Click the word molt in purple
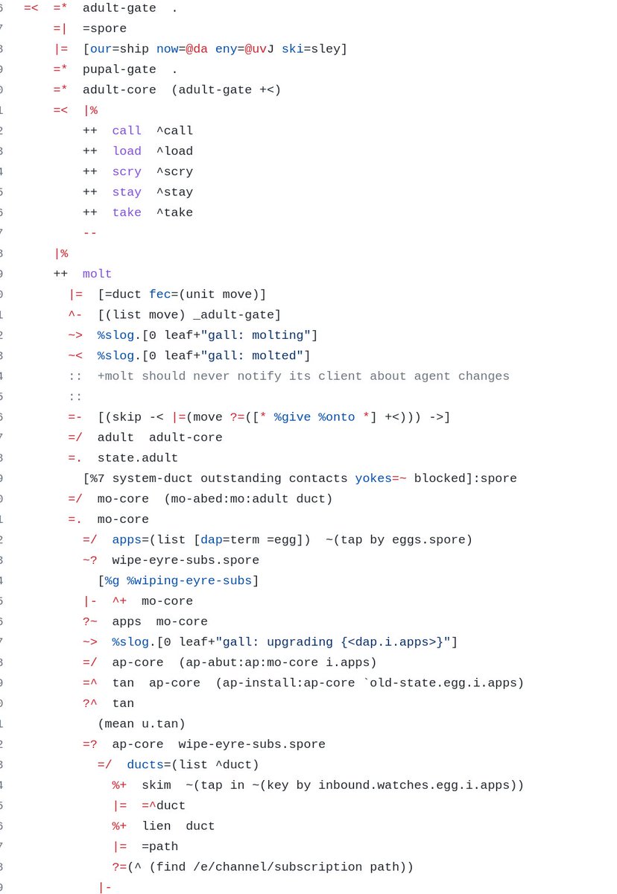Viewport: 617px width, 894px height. [97, 274]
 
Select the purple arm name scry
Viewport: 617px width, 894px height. [127, 171]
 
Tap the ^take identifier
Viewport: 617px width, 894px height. [174, 212]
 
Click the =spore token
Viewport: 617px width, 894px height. [104, 28]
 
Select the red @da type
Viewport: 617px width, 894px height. [197, 49]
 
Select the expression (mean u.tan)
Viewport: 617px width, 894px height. [142, 723]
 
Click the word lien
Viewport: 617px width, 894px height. [156, 826]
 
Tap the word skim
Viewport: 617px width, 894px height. [156, 785]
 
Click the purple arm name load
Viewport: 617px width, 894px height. [127, 151]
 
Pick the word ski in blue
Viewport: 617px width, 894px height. [292, 49]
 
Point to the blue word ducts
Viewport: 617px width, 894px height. [145, 764]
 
